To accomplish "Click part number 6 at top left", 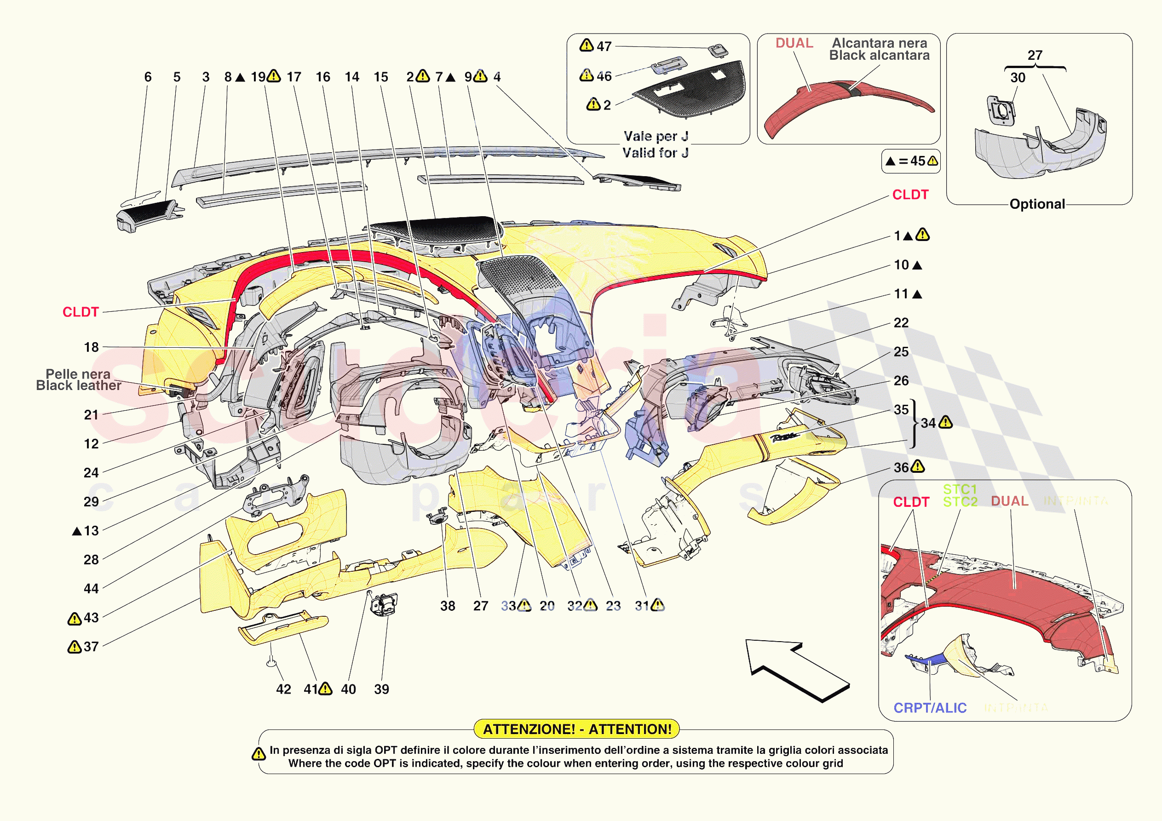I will pyautogui.click(x=148, y=77).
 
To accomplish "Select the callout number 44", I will pyautogui.click(x=91, y=589).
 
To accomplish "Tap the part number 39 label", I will pyautogui.click(x=382, y=689).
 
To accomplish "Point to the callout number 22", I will pyautogui.click(x=901, y=323).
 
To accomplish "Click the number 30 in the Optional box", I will pyautogui.click(x=1018, y=78).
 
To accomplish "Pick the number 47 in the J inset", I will pyautogui.click(x=604, y=46).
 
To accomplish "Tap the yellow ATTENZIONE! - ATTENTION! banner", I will pyautogui.click(x=576, y=729).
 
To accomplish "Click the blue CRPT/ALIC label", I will pyautogui.click(x=930, y=708).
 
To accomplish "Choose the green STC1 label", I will pyautogui.click(x=960, y=489).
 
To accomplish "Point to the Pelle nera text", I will pyautogui.click(x=78, y=374).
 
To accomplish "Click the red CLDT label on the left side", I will pyautogui.click(x=81, y=312).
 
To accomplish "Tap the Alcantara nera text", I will pyautogui.click(x=880, y=43).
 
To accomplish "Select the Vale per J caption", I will pyautogui.click(x=656, y=136).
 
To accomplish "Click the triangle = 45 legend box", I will pyautogui.click(x=910, y=161).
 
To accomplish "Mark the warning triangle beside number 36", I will pyautogui.click(x=918, y=467).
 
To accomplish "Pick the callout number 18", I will pyautogui.click(x=91, y=347).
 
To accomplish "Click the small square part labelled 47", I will pyautogui.click(x=718, y=50).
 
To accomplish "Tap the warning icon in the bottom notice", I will pyautogui.click(x=259, y=754).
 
